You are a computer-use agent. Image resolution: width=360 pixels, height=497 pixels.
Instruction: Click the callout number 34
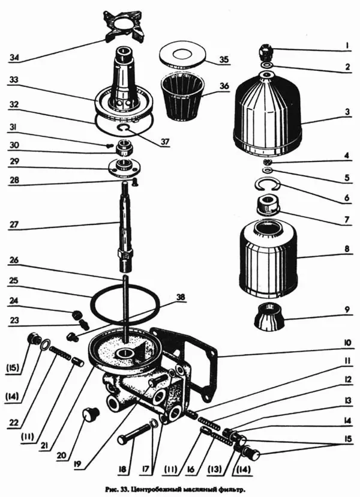coord(14,58)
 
